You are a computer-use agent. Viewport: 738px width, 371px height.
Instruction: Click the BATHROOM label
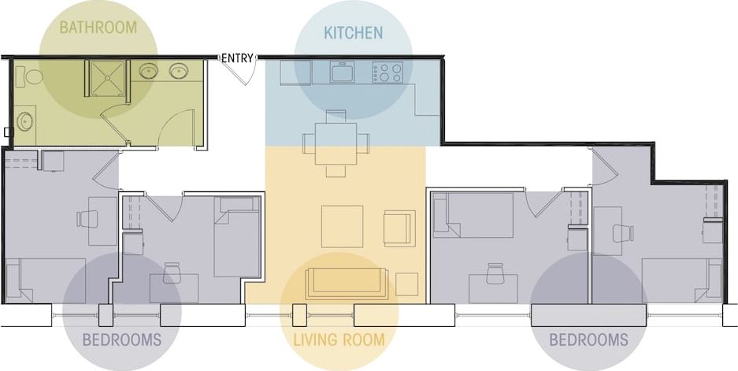click(98, 27)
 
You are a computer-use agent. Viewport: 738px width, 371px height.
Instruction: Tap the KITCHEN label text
click(353, 32)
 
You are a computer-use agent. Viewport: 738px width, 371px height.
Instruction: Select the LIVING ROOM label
click(339, 340)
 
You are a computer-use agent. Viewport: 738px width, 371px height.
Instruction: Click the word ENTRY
click(237, 58)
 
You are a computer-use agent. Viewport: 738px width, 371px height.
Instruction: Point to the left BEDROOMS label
click(122, 340)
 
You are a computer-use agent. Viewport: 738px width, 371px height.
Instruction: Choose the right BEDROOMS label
click(588, 340)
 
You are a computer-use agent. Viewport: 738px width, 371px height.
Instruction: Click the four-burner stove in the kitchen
click(387, 73)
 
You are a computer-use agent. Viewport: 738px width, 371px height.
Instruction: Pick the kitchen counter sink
click(343, 73)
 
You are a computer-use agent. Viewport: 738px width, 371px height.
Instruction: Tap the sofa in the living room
click(347, 282)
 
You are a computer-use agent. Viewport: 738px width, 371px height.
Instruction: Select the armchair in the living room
click(398, 228)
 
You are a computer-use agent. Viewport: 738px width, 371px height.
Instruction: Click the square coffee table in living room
click(342, 226)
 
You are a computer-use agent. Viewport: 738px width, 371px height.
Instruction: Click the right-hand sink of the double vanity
click(178, 72)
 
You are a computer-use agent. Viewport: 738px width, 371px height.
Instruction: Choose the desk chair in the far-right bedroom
click(623, 233)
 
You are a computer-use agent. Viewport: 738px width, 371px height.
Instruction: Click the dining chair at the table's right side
click(362, 143)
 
